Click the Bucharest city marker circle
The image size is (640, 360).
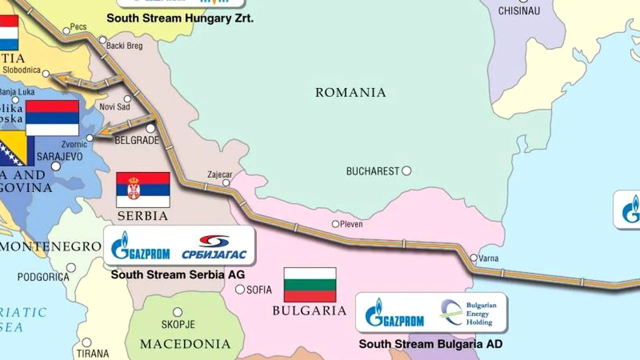pos(406,171)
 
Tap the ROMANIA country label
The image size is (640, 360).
pos(350,92)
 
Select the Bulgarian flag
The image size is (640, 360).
pos(310,285)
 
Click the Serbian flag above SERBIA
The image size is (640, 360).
pos(143,190)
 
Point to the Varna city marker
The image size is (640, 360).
pos(473,258)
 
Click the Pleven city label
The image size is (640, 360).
pos(351,224)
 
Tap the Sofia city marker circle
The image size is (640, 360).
pos(240,289)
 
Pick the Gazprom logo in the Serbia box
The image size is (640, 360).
pos(140,246)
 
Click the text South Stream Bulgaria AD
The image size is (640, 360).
pos(430,344)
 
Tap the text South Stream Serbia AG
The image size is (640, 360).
pos(178,274)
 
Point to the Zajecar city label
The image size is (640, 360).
pos(220,174)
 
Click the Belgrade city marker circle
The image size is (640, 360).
pos(150,128)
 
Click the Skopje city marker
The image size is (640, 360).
pos(177,312)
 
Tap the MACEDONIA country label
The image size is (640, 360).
pos(185,344)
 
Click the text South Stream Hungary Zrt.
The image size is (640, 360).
pos(180,19)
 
